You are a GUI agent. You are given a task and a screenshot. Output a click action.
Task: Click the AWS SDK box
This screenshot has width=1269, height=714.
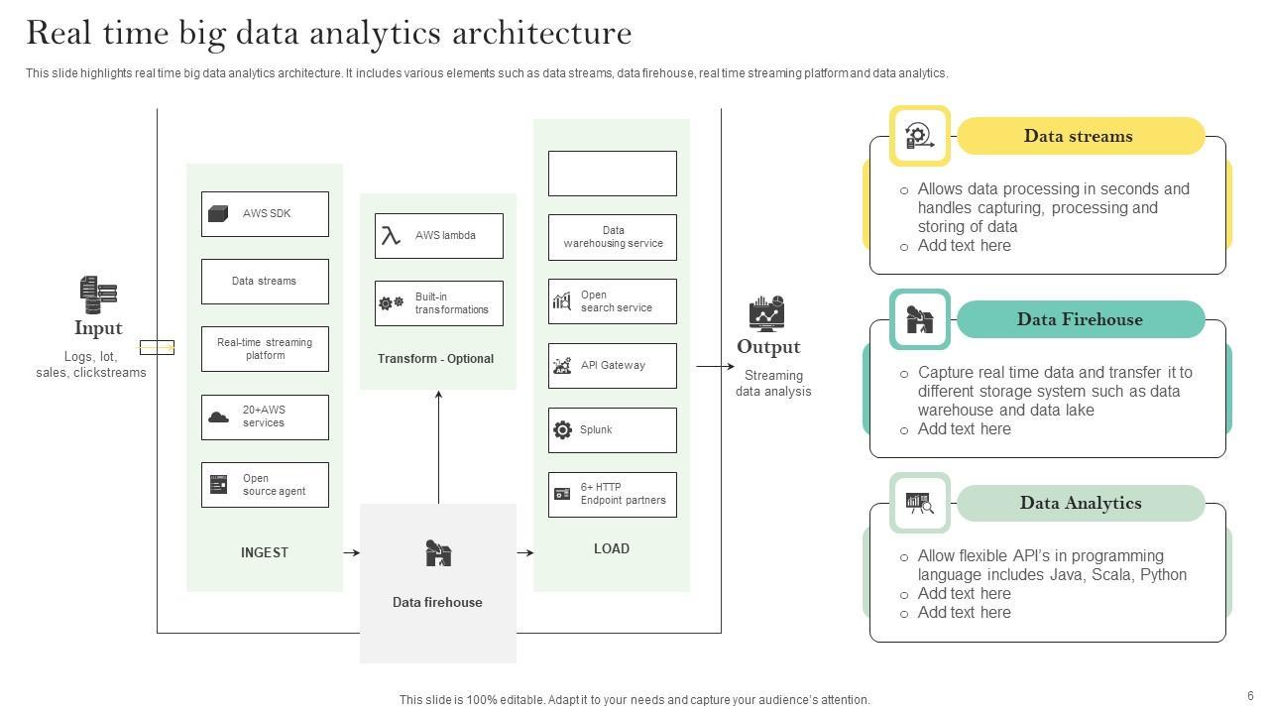265,214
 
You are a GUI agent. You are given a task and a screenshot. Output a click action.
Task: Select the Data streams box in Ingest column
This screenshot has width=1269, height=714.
265,282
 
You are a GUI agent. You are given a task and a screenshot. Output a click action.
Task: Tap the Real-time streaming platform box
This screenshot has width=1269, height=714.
265,349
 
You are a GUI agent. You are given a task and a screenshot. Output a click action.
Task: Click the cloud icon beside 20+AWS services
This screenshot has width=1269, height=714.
218,417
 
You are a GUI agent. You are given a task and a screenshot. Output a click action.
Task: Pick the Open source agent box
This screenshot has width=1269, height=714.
265,485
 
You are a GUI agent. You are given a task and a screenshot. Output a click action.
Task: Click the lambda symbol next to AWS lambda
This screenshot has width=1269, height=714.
392,236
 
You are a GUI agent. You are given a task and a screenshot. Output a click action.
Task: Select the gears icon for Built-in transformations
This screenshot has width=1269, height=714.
392,303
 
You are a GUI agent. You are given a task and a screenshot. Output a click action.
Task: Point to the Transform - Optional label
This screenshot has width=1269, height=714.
435,359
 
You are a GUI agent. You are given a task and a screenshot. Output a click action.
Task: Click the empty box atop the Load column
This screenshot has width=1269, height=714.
613,174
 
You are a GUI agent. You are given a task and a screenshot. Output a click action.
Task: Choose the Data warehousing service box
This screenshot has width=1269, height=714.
613,237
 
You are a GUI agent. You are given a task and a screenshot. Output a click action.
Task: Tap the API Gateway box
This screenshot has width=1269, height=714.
613,366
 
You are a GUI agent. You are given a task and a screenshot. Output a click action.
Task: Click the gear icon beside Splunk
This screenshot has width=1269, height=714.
562,430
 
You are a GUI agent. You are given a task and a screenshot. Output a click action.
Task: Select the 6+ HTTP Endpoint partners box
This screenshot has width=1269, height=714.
613,495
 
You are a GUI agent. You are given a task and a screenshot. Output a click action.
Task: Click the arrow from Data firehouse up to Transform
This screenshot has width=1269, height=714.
438,446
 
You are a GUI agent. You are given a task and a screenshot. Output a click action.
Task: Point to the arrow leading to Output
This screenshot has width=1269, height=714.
715,367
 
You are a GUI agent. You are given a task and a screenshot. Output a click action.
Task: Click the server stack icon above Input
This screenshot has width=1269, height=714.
98,295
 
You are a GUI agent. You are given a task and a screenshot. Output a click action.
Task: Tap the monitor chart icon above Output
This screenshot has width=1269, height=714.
766,313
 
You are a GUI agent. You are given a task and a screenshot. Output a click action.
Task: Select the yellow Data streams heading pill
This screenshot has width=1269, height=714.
1080,137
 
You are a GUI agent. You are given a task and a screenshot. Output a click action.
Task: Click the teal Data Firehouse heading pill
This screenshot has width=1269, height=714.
1080,320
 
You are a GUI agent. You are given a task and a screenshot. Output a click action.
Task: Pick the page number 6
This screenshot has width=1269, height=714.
1251,696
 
